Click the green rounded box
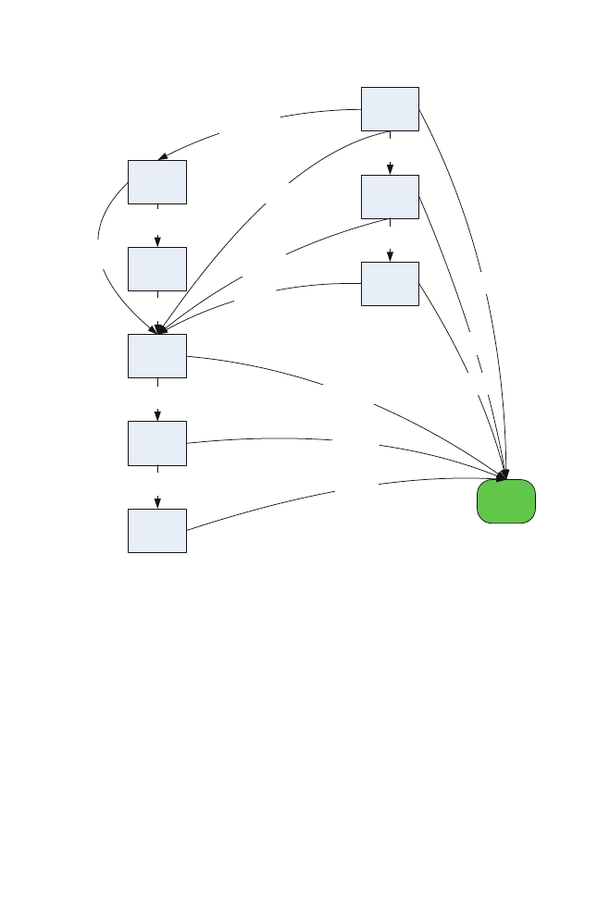pyautogui.click(x=506, y=502)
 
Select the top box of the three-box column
pyautogui.click(x=390, y=108)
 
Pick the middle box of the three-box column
pyautogui.click(x=390, y=196)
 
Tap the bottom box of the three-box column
pyautogui.click(x=390, y=283)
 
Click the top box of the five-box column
pyautogui.click(x=157, y=181)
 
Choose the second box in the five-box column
pyautogui.click(x=157, y=268)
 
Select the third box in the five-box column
pyautogui.click(x=157, y=355)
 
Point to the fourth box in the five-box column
pyautogui.click(x=157, y=442)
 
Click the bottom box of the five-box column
pyautogui.click(x=157, y=530)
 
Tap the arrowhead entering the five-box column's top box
pyautogui.click(x=163, y=156)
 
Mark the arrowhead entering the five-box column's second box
pyautogui.click(x=158, y=242)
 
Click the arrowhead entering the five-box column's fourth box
pyautogui.click(x=158, y=416)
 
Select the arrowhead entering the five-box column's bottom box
pyautogui.click(x=158, y=503)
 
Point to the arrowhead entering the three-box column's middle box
pyautogui.click(x=391, y=170)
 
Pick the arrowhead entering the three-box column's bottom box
pyautogui.click(x=391, y=257)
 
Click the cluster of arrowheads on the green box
pyautogui.click(x=504, y=475)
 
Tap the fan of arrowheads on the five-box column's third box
pyautogui.click(x=159, y=328)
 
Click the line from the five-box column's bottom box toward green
pyautogui.click(x=259, y=508)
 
